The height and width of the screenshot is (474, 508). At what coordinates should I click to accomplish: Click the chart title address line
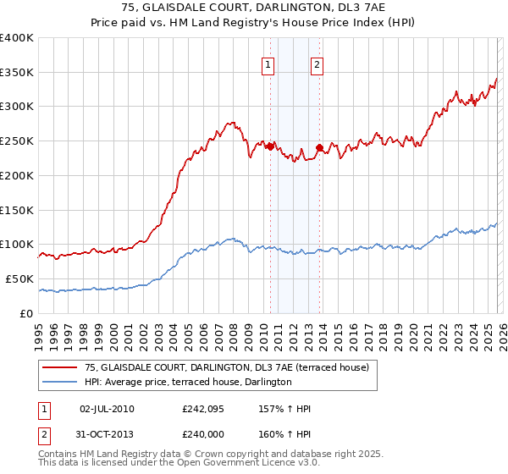[254, 8]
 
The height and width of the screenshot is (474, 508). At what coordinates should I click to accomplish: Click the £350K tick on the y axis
[17, 72]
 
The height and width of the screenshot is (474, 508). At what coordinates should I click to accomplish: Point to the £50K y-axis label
[19, 278]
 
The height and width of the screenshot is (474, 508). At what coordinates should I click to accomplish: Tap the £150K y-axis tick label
[17, 210]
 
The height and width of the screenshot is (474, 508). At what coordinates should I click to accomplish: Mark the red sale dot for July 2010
[270, 146]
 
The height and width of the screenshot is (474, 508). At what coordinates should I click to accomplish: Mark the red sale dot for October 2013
[319, 148]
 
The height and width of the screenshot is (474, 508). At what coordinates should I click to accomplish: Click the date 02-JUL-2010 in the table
[107, 409]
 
